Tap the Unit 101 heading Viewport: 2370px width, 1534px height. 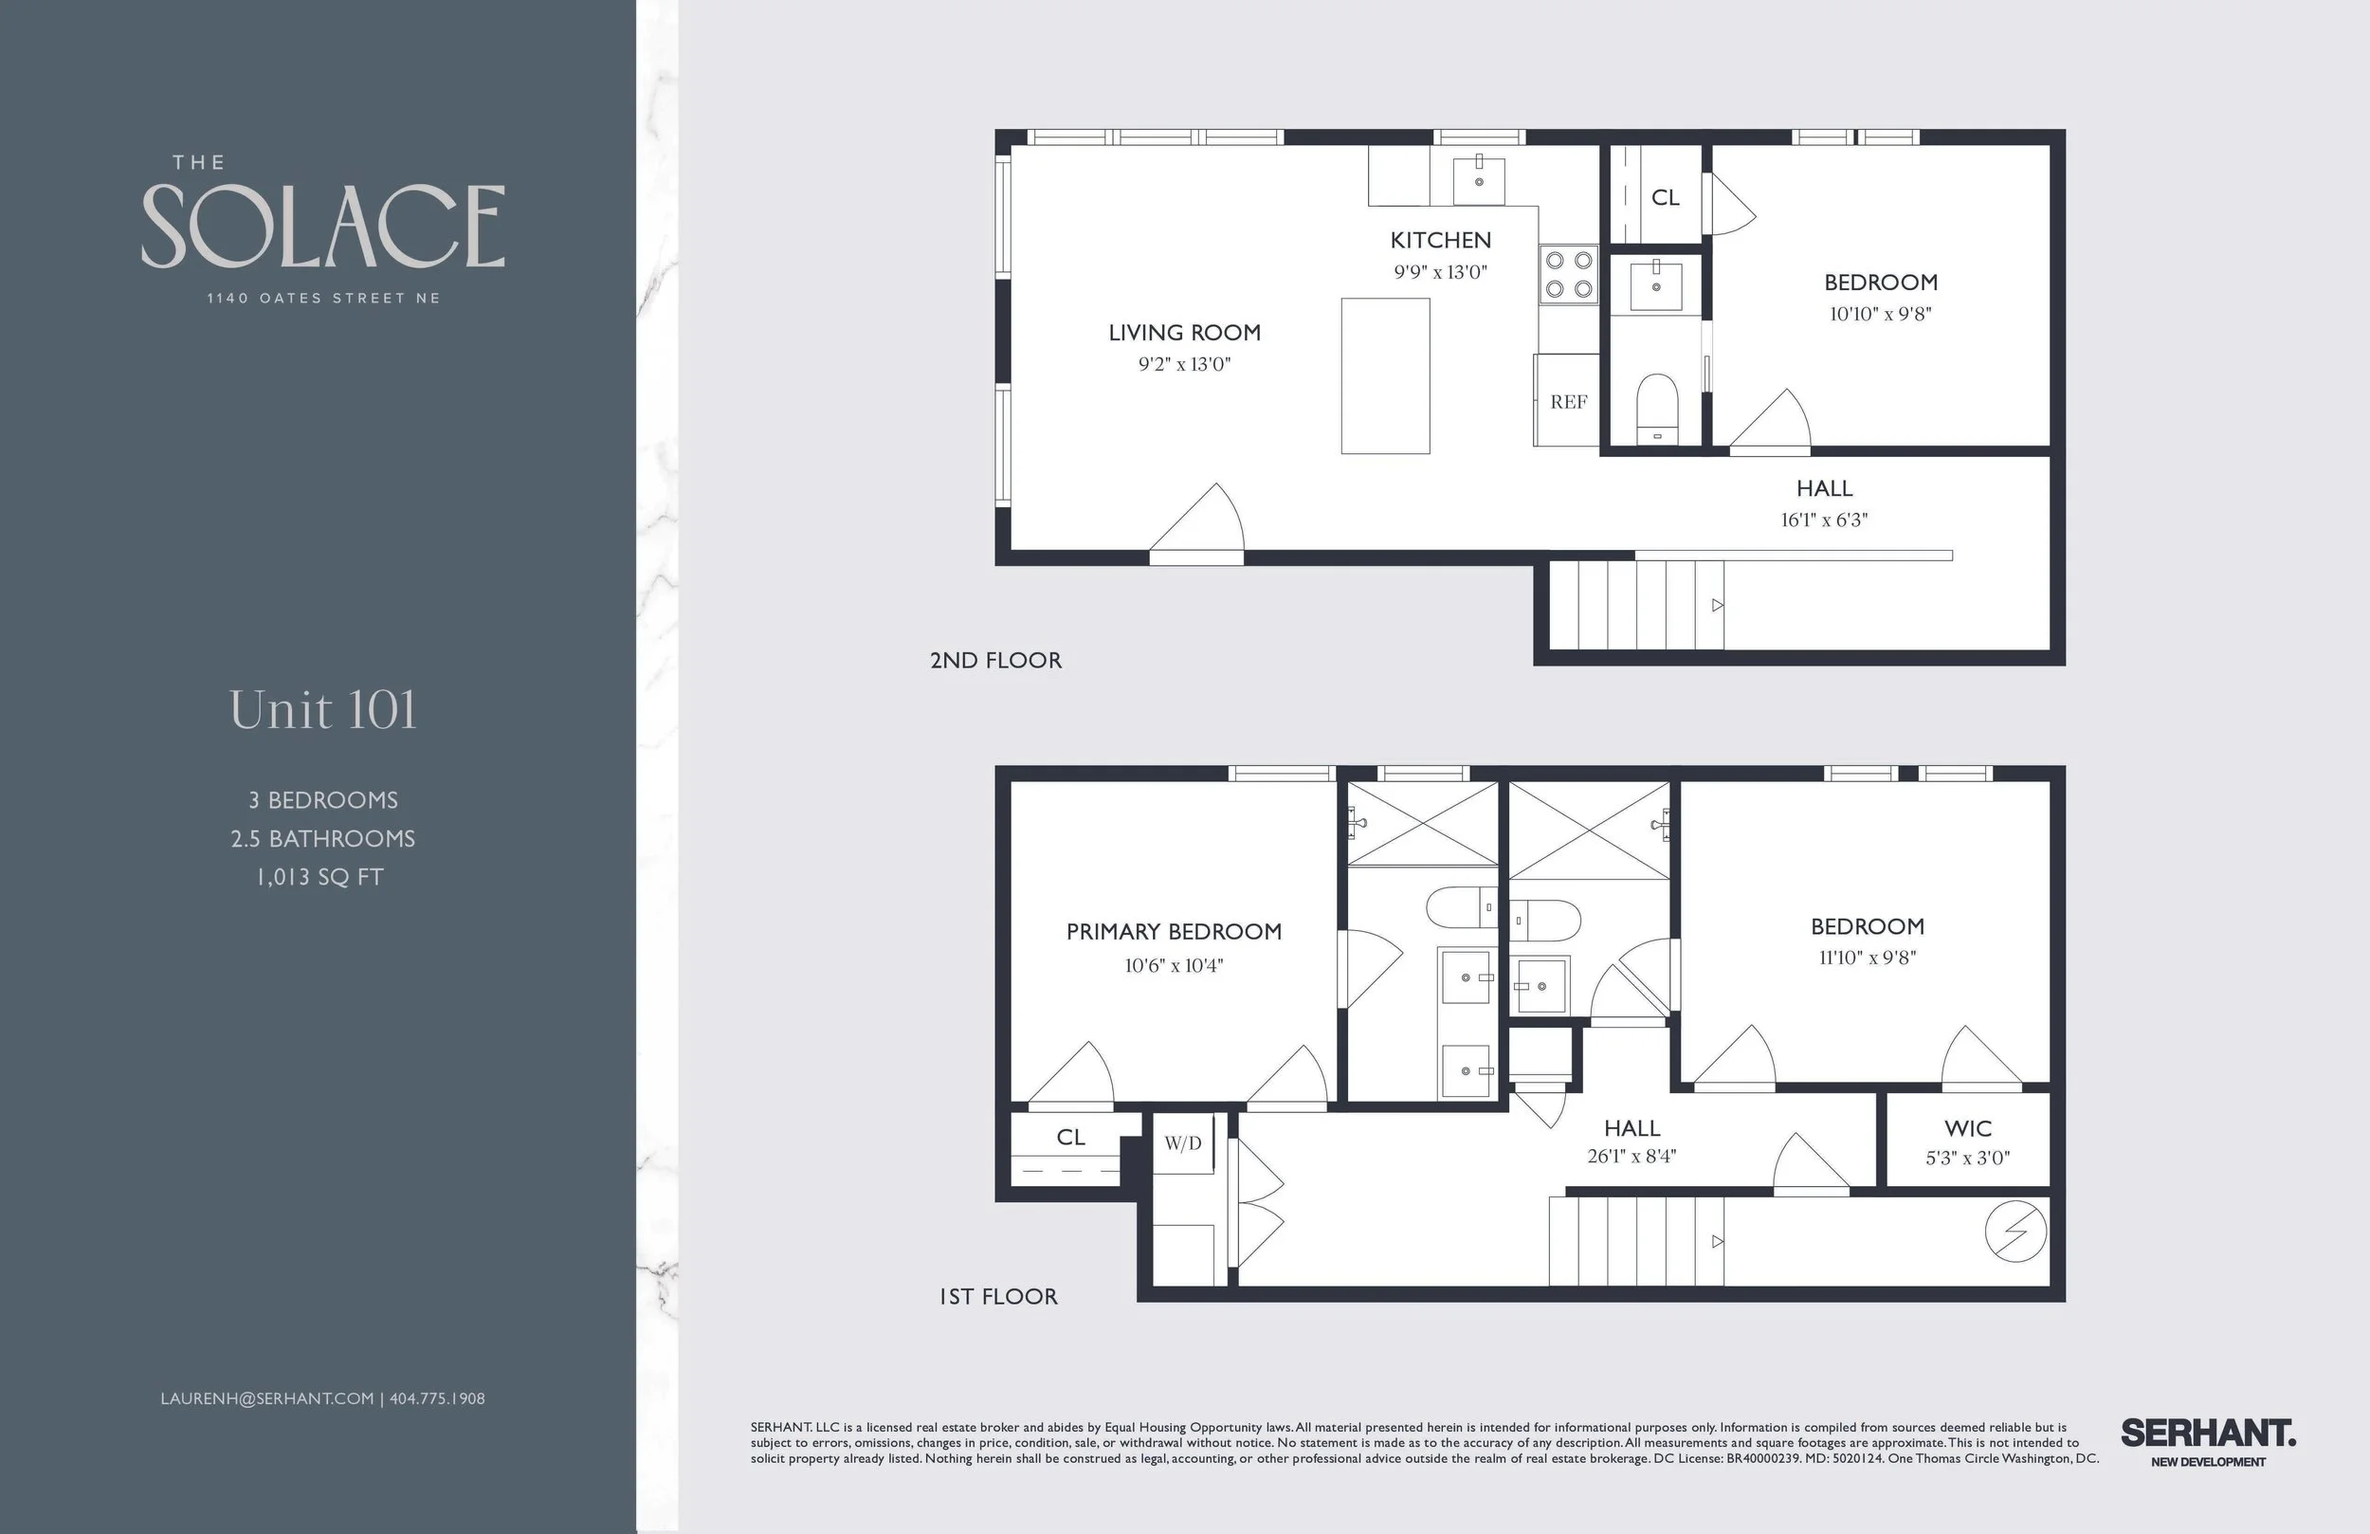pos(322,710)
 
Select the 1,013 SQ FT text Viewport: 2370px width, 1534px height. pos(319,878)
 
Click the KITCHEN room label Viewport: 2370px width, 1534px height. pos(1440,240)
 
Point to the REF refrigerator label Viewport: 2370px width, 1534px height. pos(1568,402)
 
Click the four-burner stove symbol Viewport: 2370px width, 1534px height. pos(1568,275)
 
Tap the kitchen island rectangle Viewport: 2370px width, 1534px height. pos(1385,376)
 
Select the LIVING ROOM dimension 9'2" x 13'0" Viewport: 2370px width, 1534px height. pos(1184,365)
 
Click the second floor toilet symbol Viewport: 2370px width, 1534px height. pos(1657,407)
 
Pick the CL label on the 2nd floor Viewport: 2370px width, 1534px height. pos(1665,198)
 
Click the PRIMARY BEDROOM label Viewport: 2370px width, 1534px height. pos(1173,932)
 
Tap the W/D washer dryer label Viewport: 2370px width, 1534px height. pos(1183,1143)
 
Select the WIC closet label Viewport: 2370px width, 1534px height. pos(1968,1128)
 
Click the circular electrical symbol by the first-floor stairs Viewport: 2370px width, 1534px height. pos(2015,1233)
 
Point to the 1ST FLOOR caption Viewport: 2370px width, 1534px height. pos(998,1297)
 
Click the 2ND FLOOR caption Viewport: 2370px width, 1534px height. pos(995,661)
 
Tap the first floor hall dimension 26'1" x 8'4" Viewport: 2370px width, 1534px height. pos(1632,1157)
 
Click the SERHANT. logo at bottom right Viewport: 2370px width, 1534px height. pos(2208,1434)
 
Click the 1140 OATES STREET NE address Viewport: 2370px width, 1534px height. pos(322,298)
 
